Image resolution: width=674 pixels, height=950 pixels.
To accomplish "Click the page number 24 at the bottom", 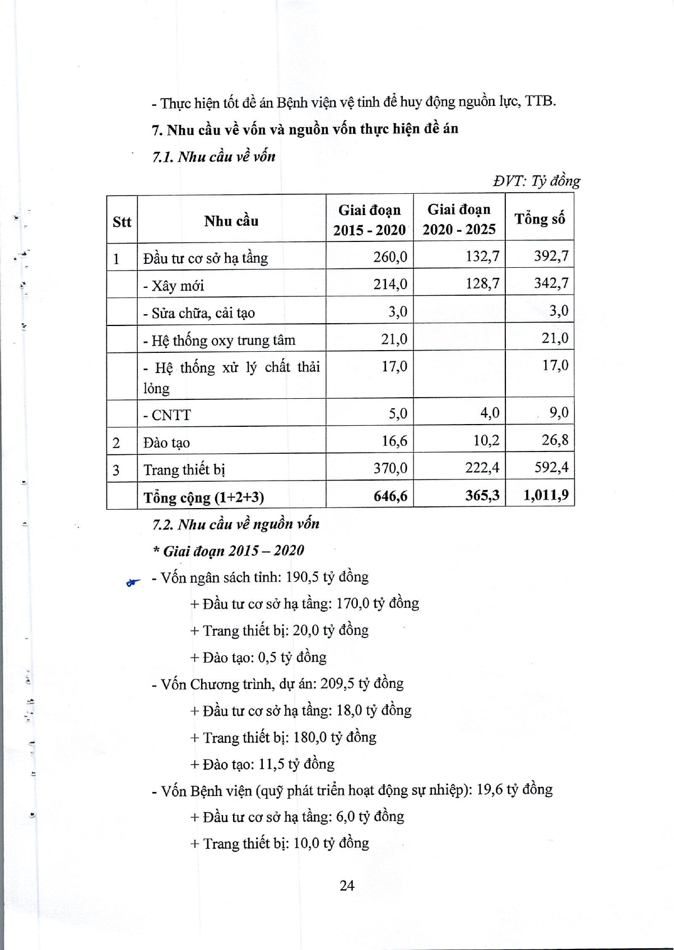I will click(x=347, y=885).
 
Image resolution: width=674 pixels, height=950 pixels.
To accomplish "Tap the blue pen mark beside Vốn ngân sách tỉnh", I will click(x=133, y=583).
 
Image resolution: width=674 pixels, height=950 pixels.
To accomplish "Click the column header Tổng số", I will click(x=540, y=219).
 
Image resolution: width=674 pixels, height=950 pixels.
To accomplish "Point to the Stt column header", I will click(x=122, y=222).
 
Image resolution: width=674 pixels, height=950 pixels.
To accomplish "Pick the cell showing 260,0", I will click(x=391, y=257).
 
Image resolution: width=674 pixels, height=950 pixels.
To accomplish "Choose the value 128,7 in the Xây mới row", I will click(x=482, y=283).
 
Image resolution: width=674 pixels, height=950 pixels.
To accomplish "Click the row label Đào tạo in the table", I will click(x=166, y=443).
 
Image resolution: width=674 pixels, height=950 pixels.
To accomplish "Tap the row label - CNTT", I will click(x=167, y=415).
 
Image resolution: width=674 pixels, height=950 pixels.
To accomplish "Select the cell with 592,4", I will click(x=551, y=467).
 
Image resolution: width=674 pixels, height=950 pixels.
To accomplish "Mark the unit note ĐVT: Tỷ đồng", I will click(x=536, y=181).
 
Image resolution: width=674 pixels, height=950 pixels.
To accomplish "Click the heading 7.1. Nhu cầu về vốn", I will click(x=214, y=157).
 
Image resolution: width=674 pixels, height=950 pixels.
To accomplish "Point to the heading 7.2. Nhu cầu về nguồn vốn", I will click(x=236, y=524).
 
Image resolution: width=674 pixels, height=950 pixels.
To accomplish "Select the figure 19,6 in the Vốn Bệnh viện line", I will click(x=489, y=790).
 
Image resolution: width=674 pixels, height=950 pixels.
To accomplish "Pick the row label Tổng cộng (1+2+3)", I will click(x=204, y=497).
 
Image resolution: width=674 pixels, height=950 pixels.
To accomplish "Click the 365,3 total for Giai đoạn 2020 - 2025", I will click(x=482, y=495).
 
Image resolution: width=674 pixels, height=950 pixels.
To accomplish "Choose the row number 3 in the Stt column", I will click(x=116, y=469).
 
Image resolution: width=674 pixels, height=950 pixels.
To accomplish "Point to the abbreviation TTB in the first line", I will click(x=540, y=101).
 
